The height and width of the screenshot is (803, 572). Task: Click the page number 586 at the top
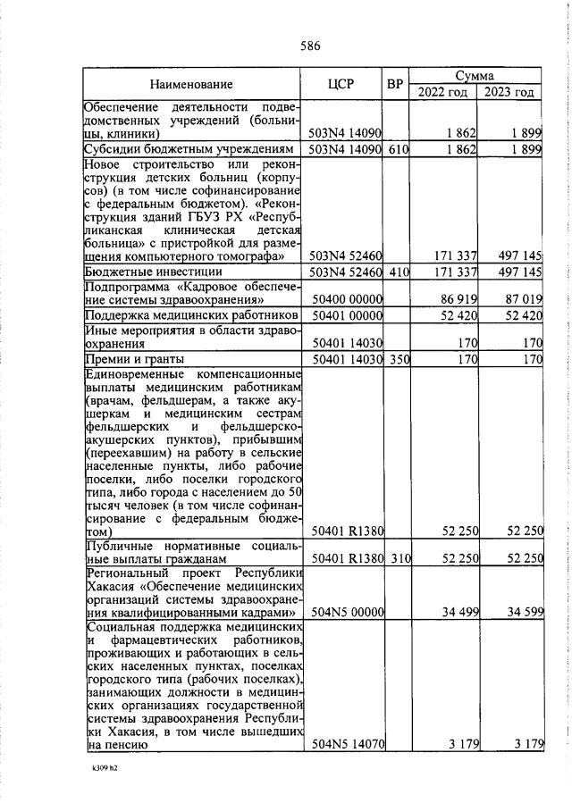[x=310, y=46]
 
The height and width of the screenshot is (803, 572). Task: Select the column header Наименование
[x=191, y=86]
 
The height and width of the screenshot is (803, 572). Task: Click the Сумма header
[x=475, y=77]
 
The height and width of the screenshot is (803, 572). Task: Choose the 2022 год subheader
[x=442, y=92]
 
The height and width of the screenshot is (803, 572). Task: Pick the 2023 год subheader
[x=509, y=92]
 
